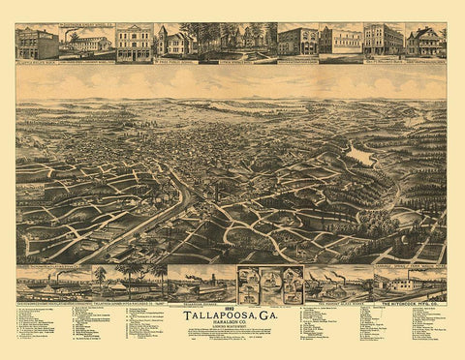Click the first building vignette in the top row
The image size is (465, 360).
pyautogui.click(x=36, y=43)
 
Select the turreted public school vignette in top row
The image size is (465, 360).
pyautogui.click(x=175, y=42)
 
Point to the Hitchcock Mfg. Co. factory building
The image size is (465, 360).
pyautogui.click(x=410, y=285)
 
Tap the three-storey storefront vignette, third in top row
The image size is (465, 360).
pyautogui.click(x=135, y=43)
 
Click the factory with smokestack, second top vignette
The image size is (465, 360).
pyautogui.click(x=86, y=43)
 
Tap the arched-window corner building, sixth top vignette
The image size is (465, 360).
pyautogui.click(x=296, y=42)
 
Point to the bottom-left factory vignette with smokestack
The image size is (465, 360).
pyautogui.click(x=48, y=285)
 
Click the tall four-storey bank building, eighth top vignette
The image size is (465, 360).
pyautogui.click(x=384, y=41)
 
